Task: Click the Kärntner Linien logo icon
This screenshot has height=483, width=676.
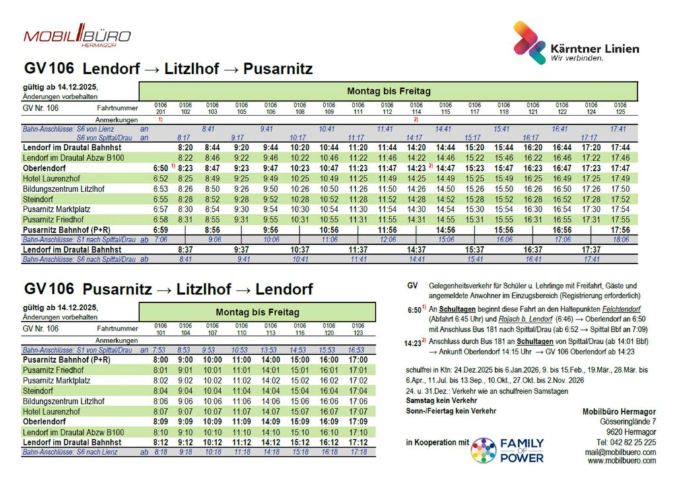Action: pyautogui.click(x=529, y=44)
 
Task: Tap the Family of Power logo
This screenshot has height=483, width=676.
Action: pyautogui.click(x=507, y=450)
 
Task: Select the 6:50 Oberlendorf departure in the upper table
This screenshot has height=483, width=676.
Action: pyautogui.click(x=160, y=168)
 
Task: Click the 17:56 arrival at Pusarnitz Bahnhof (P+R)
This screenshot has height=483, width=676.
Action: pyautogui.click(x=620, y=230)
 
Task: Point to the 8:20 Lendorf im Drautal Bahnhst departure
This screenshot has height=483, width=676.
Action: pyautogui.click(x=185, y=148)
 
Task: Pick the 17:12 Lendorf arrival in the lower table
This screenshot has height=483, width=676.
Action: pyautogui.click(x=358, y=442)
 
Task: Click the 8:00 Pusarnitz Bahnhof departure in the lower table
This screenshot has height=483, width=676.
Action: pyautogui.click(x=160, y=360)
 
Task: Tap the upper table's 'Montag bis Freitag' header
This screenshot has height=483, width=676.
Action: pyautogui.click(x=388, y=90)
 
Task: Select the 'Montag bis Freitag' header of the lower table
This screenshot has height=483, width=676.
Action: pyautogui.click(x=257, y=311)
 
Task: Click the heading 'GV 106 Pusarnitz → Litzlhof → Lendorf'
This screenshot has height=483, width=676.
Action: pyautogui.click(x=168, y=289)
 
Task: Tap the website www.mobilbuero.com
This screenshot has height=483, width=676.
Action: pyautogui.click(x=622, y=461)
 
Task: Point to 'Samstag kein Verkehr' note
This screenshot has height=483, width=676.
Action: pyautogui.click(x=442, y=401)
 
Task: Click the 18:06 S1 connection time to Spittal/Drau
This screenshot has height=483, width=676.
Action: pyautogui.click(x=620, y=240)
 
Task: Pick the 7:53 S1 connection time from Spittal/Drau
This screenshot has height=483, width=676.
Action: pyautogui.click(x=160, y=350)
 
